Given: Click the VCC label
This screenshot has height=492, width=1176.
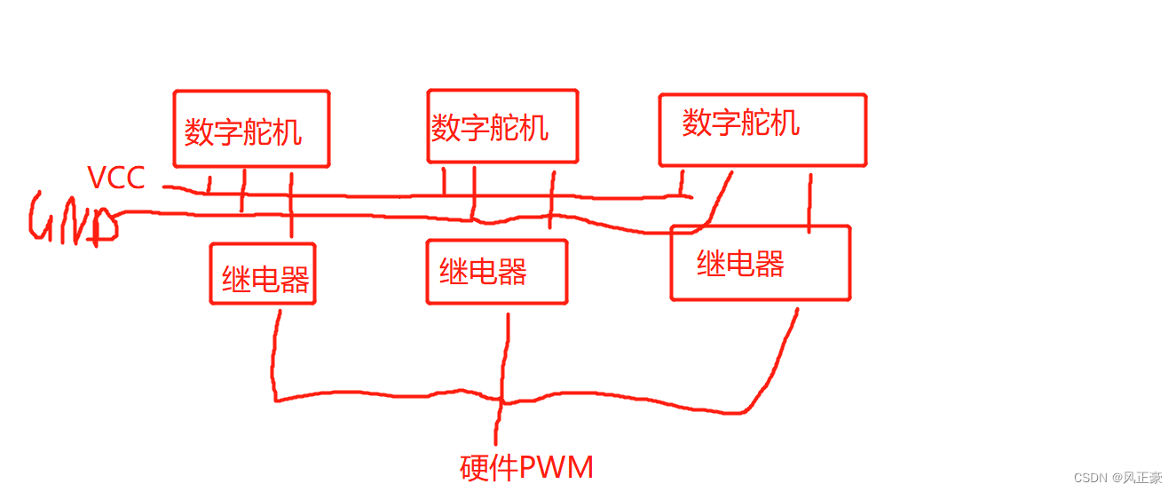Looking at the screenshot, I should tap(115, 178).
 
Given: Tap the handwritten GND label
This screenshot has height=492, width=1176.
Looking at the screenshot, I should tap(73, 218).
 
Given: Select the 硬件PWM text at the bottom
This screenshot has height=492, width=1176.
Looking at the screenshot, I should tap(526, 467).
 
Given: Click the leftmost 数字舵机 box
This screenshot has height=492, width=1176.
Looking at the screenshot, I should tap(251, 129).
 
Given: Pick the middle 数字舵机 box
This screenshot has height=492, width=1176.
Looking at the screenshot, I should tap(502, 125).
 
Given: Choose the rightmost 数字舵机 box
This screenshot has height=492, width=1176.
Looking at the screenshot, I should tap(762, 130).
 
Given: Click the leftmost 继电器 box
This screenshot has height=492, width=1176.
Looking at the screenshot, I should tap(263, 274).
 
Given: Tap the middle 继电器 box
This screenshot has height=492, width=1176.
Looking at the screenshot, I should tap(496, 271).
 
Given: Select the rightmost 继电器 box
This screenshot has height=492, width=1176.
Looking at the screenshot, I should tap(761, 263).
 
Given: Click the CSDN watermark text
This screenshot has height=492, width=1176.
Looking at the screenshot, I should tap(1117, 478).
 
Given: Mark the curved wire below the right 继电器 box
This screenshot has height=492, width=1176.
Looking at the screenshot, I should tap(781, 364).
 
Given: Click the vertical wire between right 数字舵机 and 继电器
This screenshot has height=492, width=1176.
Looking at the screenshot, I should tap(809, 202).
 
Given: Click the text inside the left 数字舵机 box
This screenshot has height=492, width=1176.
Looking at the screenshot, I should tap(242, 132).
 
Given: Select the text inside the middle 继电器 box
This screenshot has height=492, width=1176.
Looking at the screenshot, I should tap(483, 271).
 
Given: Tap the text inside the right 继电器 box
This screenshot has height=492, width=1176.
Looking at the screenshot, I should tap(740, 263).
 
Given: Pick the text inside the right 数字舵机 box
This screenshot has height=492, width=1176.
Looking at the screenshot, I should tap(740, 123).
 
